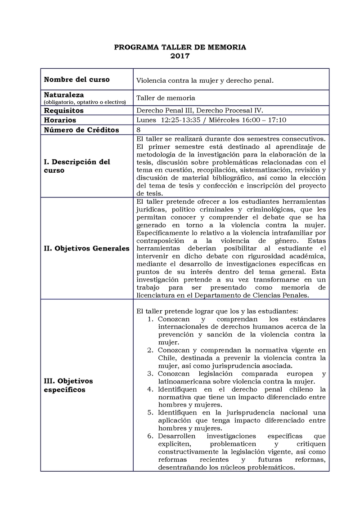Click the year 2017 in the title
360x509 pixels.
pos(180,56)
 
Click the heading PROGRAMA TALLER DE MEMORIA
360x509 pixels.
pos(180,47)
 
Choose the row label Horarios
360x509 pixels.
pos(60,120)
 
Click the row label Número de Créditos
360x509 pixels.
pos(81,130)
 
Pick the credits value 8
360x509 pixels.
pos(138,130)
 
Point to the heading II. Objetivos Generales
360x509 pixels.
pos(86,248)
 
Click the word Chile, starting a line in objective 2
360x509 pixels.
pos(167,358)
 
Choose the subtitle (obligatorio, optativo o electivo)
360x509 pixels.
pos(85,103)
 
